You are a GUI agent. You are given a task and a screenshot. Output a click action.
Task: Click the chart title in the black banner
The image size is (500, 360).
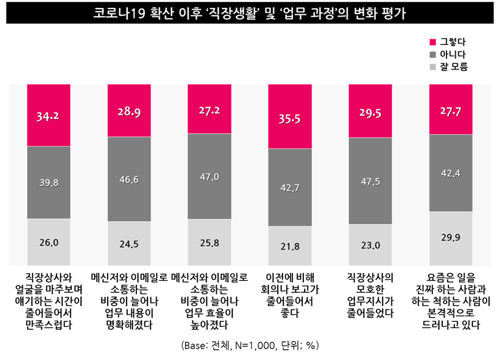(x=250, y=13)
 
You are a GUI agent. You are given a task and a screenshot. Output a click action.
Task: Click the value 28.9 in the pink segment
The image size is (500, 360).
(x=129, y=112)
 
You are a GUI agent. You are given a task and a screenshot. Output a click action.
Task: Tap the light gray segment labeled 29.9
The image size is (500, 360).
(x=451, y=238)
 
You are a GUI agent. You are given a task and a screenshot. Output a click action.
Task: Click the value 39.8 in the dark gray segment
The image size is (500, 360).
(x=49, y=182)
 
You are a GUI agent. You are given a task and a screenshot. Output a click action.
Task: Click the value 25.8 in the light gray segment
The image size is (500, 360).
(x=209, y=243)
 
